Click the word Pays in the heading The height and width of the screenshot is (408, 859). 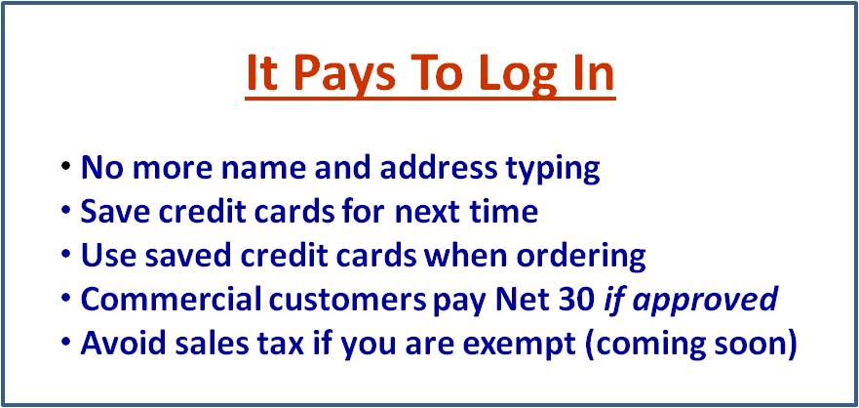(x=343, y=73)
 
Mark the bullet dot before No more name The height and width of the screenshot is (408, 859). (x=65, y=166)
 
